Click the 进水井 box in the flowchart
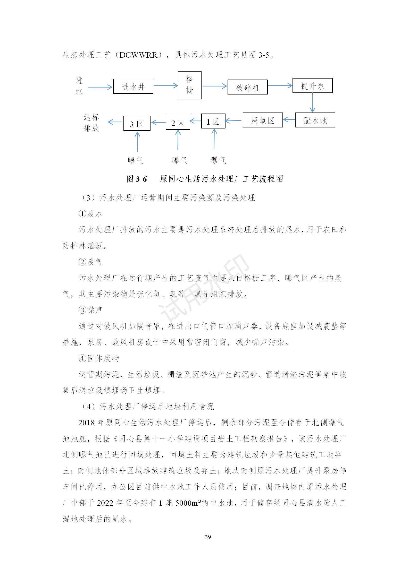(133, 86)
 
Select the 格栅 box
(189, 85)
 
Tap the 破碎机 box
(247, 87)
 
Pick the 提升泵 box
(312, 85)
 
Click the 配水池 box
(315, 120)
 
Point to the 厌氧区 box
(263, 120)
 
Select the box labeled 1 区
(213, 121)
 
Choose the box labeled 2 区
(178, 122)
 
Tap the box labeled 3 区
(137, 123)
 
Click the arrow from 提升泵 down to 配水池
(312, 102)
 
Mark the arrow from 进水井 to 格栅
(165, 86)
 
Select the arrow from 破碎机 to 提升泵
(280, 86)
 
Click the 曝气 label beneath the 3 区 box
(136, 160)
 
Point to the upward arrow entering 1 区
(214, 139)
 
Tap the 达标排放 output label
(91, 123)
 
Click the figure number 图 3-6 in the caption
(136, 179)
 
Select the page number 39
(208, 537)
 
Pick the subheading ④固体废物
(99, 358)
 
